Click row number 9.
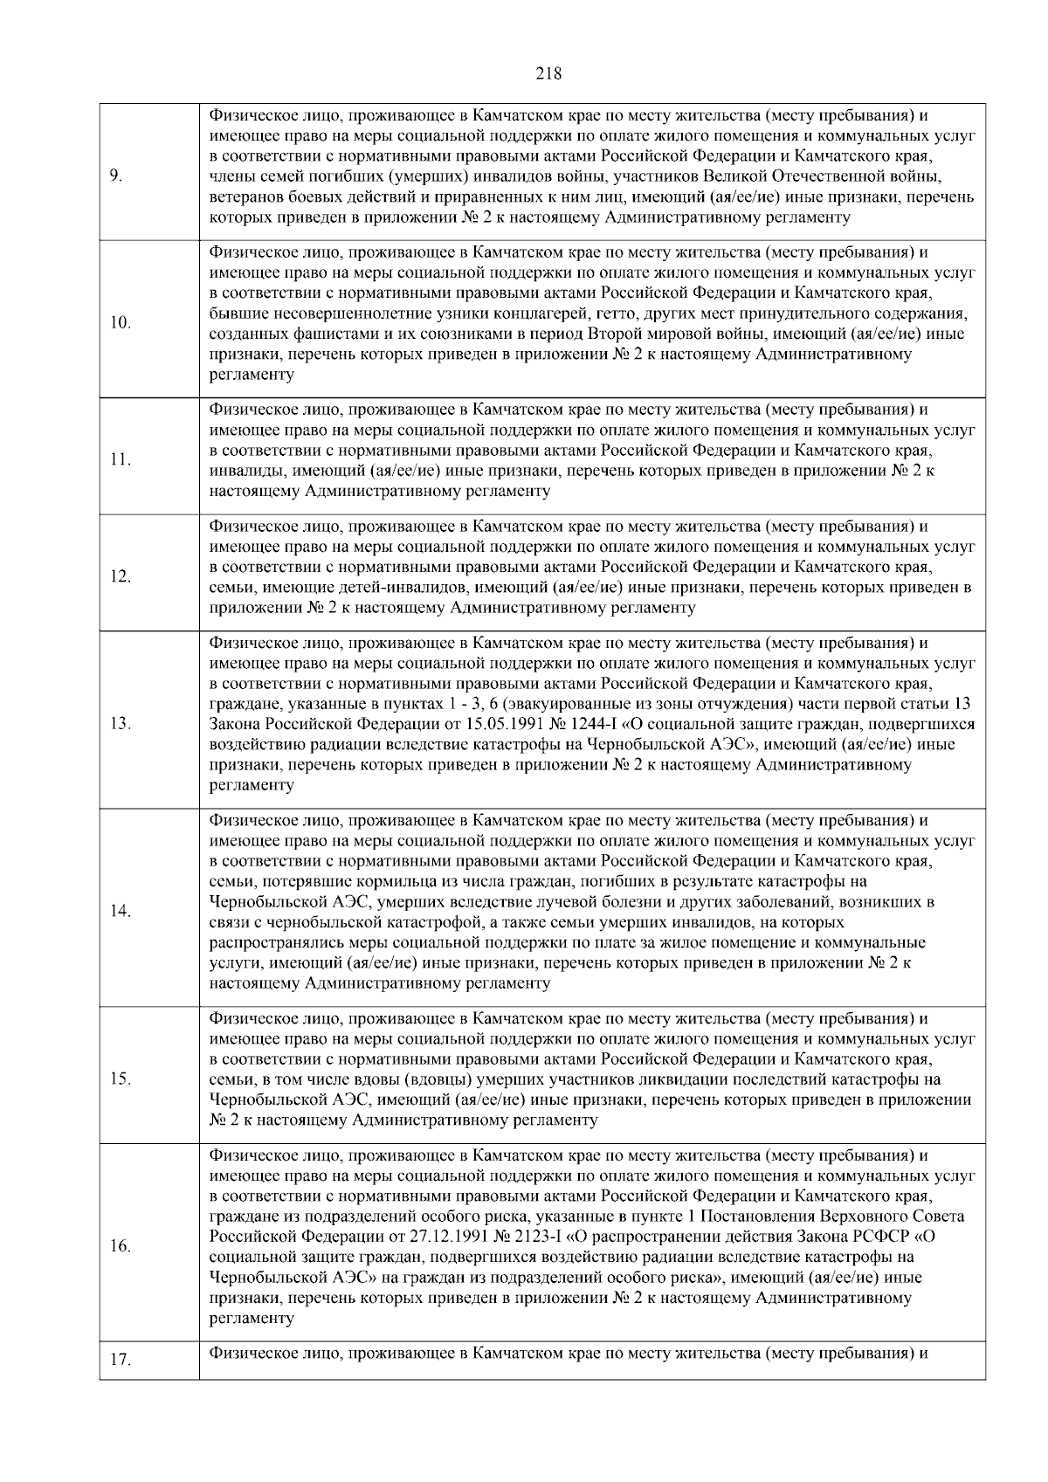(115, 176)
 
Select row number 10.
(121, 323)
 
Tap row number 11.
(121, 460)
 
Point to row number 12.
(121, 576)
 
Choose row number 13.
(121, 724)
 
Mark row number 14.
(121, 912)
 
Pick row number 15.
(121, 1079)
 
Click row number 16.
(121, 1246)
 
